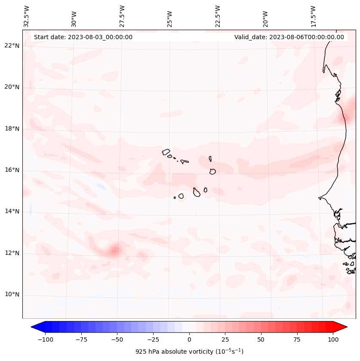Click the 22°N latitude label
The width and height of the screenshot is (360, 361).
[12, 46]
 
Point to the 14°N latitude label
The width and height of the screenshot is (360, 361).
[12, 211]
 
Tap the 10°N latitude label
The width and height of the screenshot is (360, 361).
[12, 294]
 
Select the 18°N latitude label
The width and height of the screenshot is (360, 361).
[12, 129]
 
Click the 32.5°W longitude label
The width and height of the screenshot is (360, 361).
[27, 16]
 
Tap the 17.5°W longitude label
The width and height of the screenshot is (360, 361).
[313, 16]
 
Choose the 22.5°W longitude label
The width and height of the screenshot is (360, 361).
[218, 16]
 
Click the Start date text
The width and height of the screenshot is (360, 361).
[83, 37]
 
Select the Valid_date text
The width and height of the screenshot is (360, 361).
[289, 37]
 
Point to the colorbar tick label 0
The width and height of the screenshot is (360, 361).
[189, 339]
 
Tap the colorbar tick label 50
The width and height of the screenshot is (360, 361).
[261, 339]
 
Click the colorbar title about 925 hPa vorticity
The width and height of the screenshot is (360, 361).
[189, 352]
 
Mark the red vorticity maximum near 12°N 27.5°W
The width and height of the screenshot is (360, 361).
[114, 250]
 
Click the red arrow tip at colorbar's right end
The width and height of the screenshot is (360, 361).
[344, 327]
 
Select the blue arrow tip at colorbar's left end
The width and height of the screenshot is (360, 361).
[34, 327]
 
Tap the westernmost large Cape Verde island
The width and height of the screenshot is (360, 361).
[166, 151]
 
